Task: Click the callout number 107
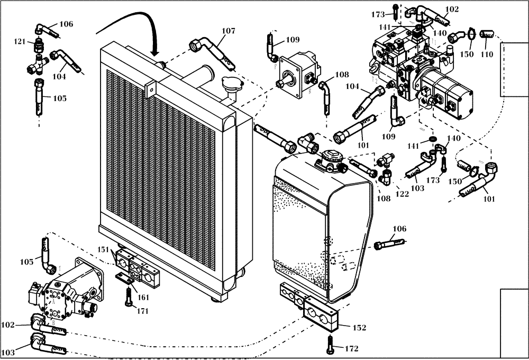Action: pyautogui.click(x=228, y=31)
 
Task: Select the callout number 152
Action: pyautogui.click(x=359, y=328)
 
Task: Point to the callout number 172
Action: pyautogui.click(x=352, y=349)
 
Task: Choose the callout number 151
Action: pyautogui.click(x=104, y=249)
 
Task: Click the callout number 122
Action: pyautogui.click(x=403, y=194)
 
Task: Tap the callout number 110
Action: pyautogui.click(x=486, y=54)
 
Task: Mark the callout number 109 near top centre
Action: pyautogui.click(x=293, y=40)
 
